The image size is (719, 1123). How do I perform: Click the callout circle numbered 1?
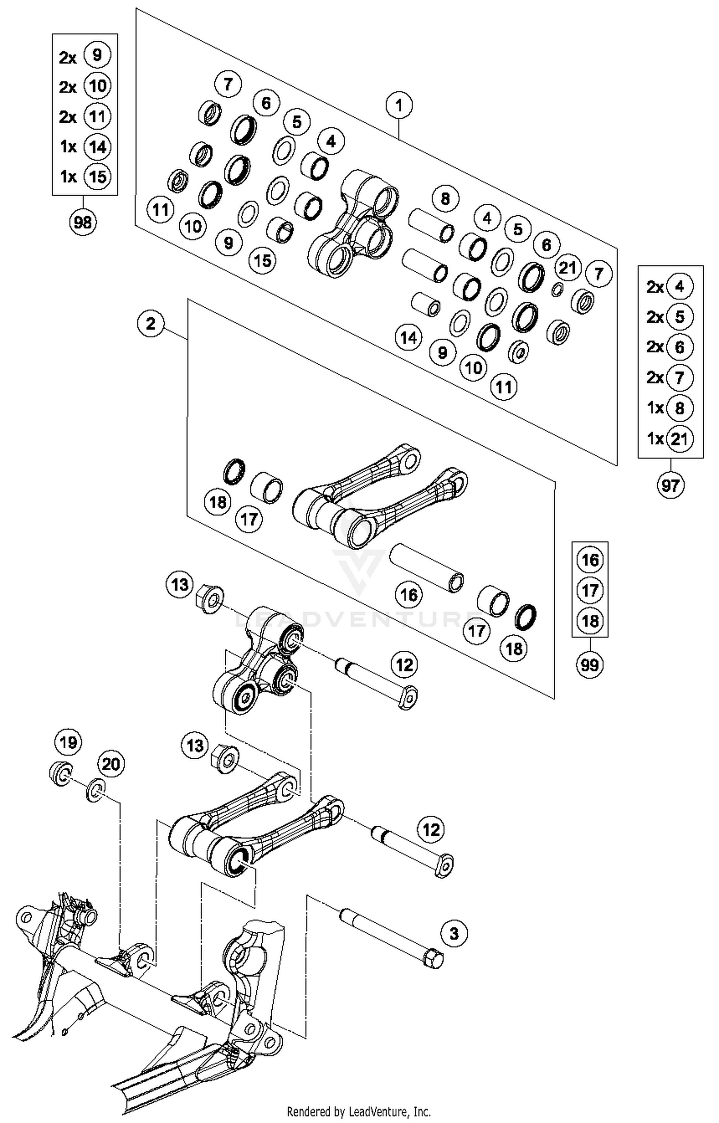[x=399, y=105]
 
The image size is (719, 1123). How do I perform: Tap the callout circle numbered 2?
[x=151, y=324]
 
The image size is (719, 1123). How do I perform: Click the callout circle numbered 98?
[x=83, y=222]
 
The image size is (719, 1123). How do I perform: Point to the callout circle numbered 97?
[x=670, y=486]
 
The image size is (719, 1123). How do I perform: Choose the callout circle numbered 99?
[x=590, y=665]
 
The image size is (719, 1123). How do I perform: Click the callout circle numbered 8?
[x=445, y=198]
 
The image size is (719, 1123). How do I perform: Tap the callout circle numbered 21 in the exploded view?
[x=568, y=267]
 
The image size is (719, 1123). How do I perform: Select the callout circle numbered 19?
[x=68, y=743]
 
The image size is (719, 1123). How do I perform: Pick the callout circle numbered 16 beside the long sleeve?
[x=408, y=595]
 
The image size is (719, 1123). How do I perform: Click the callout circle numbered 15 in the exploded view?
[x=263, y=261]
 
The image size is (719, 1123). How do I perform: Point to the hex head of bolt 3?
[x=434, y=959]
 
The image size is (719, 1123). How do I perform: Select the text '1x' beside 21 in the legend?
[x=655, y=439]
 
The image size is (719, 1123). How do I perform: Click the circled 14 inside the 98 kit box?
[x=97, y=147]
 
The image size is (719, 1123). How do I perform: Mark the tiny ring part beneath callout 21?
[x=557, y=289]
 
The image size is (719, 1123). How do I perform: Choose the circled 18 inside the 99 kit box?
[x=590, y=621]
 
